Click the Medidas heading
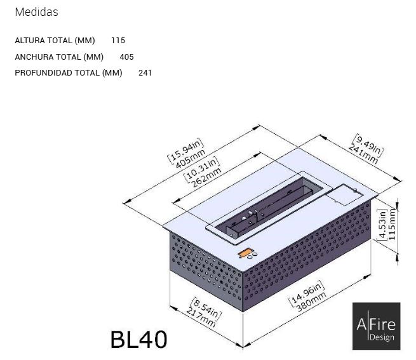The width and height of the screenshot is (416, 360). (36, 12)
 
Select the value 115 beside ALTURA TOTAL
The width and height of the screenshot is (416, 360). (118, 41)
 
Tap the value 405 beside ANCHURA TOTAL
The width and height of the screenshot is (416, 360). (126, 57)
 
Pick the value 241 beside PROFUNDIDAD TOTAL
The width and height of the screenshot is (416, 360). (145, 73)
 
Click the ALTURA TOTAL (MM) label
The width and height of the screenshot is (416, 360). (55, 41)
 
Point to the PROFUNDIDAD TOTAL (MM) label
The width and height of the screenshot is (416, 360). (69, 73)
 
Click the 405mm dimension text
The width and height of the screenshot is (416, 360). (191, 159)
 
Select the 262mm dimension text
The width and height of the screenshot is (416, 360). (206, 178)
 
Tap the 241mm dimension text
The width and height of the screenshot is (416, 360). (363, 154)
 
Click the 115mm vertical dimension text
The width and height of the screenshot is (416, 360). (392, 224)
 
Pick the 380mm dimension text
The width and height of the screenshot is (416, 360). (311, 302)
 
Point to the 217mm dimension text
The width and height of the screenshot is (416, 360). (201, 317)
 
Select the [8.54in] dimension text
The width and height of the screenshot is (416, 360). (207, 309)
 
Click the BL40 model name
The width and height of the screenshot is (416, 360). (138, 339)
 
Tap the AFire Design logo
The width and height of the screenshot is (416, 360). (376, 326)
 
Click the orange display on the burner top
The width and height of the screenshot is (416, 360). (245, 253)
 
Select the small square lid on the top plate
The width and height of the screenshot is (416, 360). (344, 194)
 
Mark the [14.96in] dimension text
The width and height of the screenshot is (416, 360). (306, 293)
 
